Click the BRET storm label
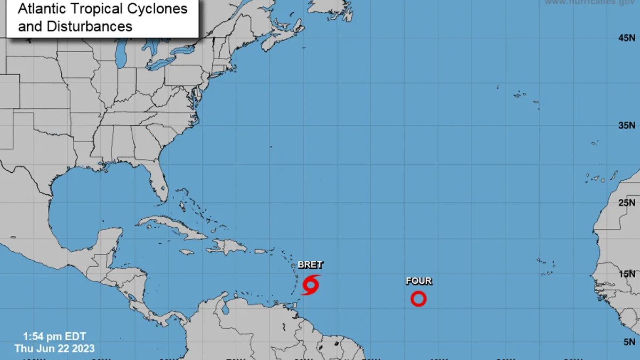310,265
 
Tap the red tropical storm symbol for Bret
310,284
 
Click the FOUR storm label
419,281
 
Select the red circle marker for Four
419,299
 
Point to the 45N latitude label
627,38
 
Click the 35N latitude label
627,126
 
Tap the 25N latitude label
627,203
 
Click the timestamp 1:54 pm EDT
54,337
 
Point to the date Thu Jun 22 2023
54,348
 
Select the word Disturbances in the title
75,26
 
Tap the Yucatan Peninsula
109,243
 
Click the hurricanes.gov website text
589,3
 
